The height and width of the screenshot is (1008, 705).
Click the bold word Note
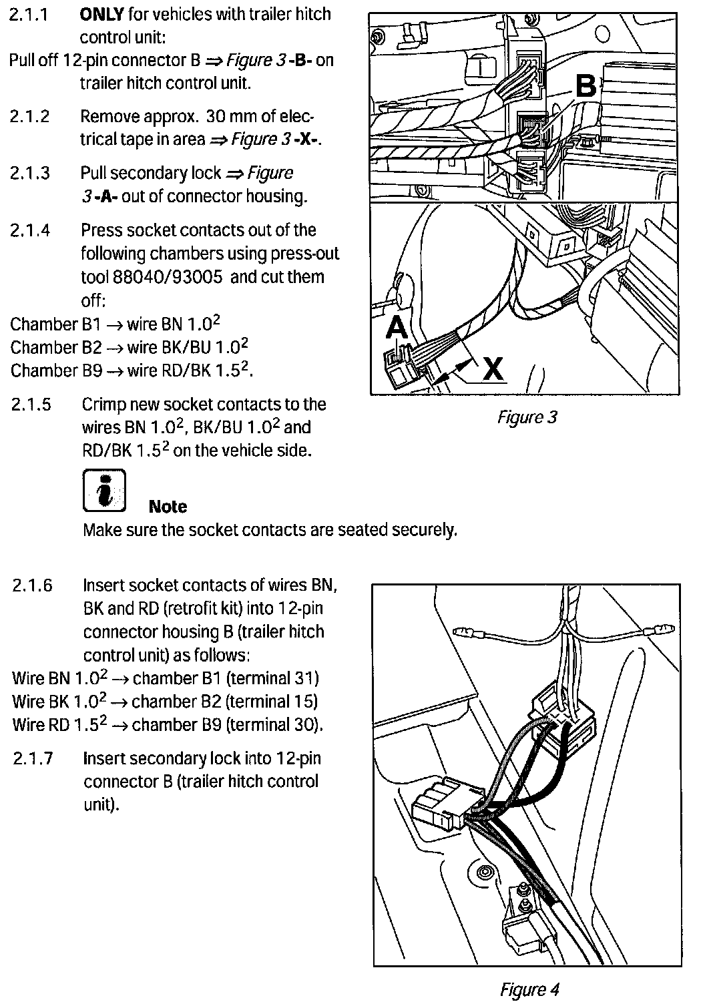tap(168, 507)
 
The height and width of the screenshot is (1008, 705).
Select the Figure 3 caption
tap(526, 417)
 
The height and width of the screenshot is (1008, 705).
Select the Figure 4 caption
tap(529, 989)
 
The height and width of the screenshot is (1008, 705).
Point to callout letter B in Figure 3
tap(585, 87)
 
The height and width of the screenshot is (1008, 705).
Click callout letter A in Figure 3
tap(397, 328)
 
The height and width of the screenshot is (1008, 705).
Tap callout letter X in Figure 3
tap(493, 368)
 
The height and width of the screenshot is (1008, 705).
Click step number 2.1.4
tap(31, 230)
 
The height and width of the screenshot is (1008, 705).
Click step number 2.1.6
tap(33, 585)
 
